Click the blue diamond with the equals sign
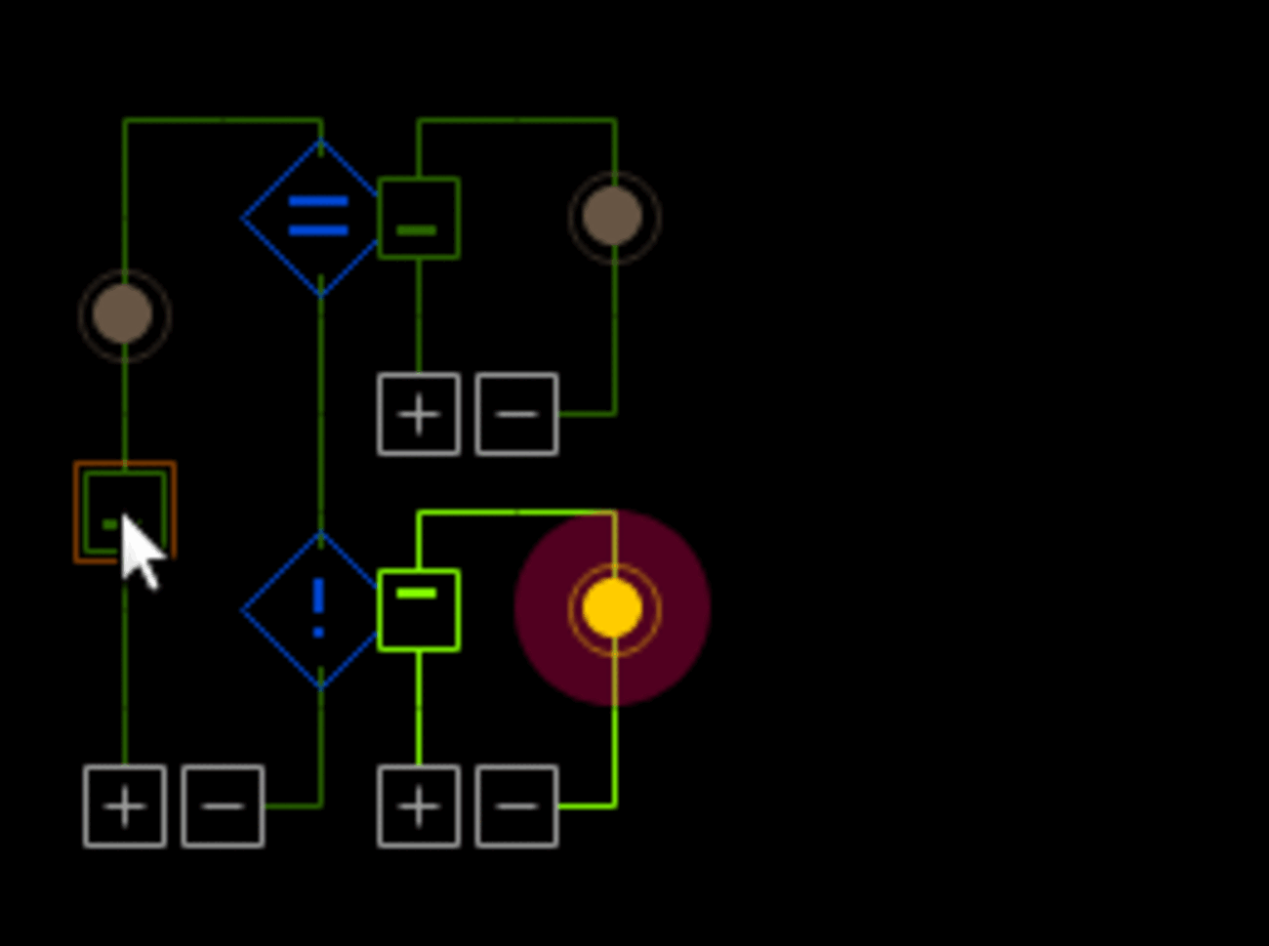pyautogui.click(x=318, y=217)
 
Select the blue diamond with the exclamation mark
pyautogui.click(x=318, y=609)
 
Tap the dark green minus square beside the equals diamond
pyautogui.click(x=419, y=218)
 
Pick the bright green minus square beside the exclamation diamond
pyautogui.click(x=419, y=610)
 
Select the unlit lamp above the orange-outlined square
pyautogui.click(x=124, y=315)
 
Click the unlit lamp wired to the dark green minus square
pyautogui.click(x=614, y=217)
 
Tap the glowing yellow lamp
pyautogui.click(x=613, y=608)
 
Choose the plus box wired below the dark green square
pyautogui.click(x=419, y=414)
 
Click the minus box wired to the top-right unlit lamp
pyautogui.click(x=516, y=414)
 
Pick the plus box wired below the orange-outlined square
pyautogui.click(x=125, y=806)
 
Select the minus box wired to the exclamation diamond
pyautogui.click(x=224, y=806)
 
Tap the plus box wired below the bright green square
pyautogui.click(x=419, y=806)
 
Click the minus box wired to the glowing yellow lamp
pyautogui.click(x=516, y=806)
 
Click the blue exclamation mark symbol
pyautogui.click(x=318, y=605)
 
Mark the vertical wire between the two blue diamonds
pyautogui.click(x=321, y=410)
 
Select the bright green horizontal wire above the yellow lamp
pyautogui.click(x=517, y=512)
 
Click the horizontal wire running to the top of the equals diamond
pyautogui.click(x=223, y=120)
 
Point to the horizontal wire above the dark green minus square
pyautogui.click(x=517, y=120)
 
